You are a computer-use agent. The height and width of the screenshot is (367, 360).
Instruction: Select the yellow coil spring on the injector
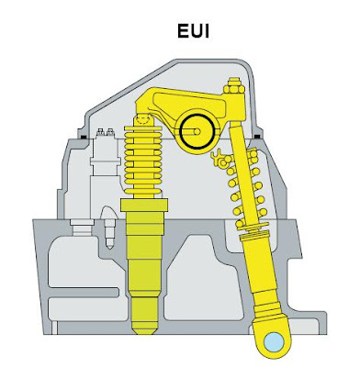pos(141,161)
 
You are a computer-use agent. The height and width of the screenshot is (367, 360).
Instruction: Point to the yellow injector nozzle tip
pos(145,322)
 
